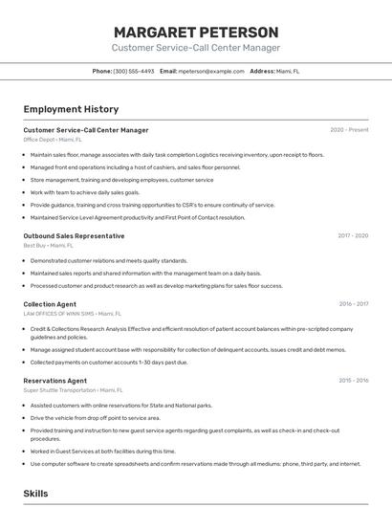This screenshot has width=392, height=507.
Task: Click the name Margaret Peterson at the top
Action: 196,32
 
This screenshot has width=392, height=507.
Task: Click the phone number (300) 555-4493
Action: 134,71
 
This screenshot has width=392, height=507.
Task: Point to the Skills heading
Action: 36,494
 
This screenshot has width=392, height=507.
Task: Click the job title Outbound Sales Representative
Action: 74,235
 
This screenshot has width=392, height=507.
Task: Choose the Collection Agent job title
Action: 50,304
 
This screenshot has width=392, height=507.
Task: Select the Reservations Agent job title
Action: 55,381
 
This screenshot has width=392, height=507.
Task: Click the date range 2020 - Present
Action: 349,130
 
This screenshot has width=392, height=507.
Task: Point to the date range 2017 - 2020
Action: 353,235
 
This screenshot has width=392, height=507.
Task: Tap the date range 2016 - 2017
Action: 354,304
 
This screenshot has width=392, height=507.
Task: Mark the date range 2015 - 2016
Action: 354,381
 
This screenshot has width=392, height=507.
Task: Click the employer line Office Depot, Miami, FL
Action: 54,140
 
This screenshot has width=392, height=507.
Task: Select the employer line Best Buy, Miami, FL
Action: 49,245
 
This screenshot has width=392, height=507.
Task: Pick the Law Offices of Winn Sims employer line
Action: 73,314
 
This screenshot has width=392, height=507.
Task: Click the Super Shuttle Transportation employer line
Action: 73,390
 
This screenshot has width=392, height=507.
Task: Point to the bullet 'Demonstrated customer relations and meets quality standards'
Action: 109,260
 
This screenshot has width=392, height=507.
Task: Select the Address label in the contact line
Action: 262,71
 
